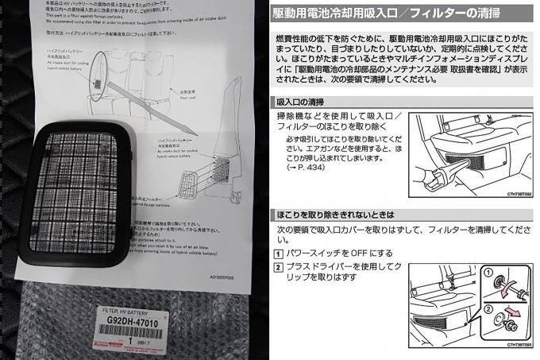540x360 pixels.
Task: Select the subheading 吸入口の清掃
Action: (x=299, y=102)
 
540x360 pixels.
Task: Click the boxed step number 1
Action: (x=277, y=253)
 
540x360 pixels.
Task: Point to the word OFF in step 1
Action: (x=349, y=253)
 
